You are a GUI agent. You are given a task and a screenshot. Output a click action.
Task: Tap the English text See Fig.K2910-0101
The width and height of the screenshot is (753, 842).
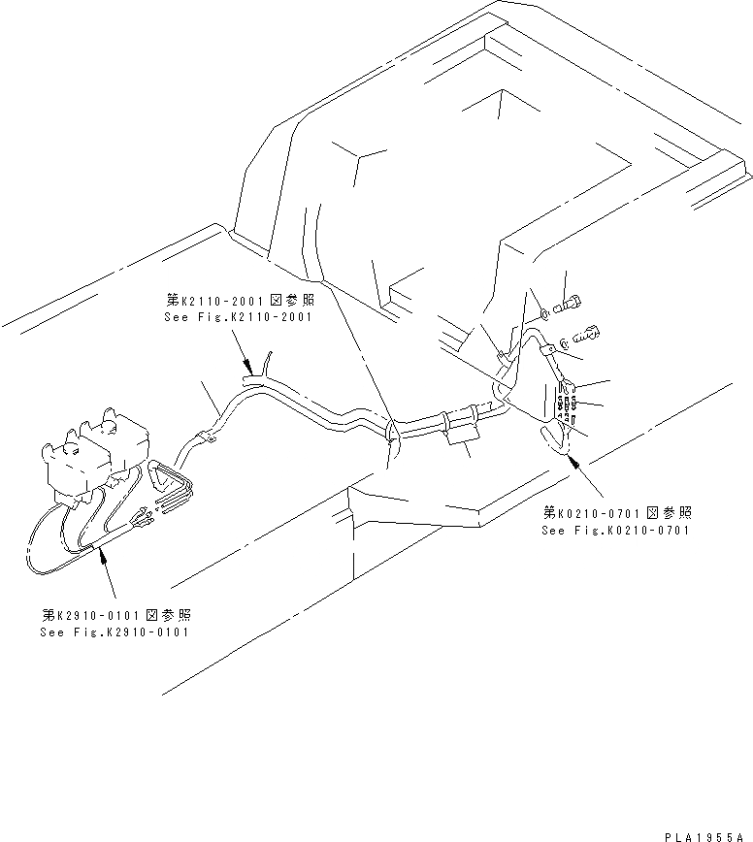tap(115, 631)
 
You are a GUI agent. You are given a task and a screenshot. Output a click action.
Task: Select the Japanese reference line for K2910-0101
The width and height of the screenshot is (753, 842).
tap(115, 615)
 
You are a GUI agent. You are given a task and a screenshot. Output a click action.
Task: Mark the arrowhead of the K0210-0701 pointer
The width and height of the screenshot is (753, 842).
tap(573, 463)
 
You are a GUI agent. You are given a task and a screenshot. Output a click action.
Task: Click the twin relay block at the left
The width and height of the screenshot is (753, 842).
tap(92, 454)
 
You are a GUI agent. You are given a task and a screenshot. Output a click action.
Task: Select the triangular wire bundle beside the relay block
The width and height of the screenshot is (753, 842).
tap(172, 482)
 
